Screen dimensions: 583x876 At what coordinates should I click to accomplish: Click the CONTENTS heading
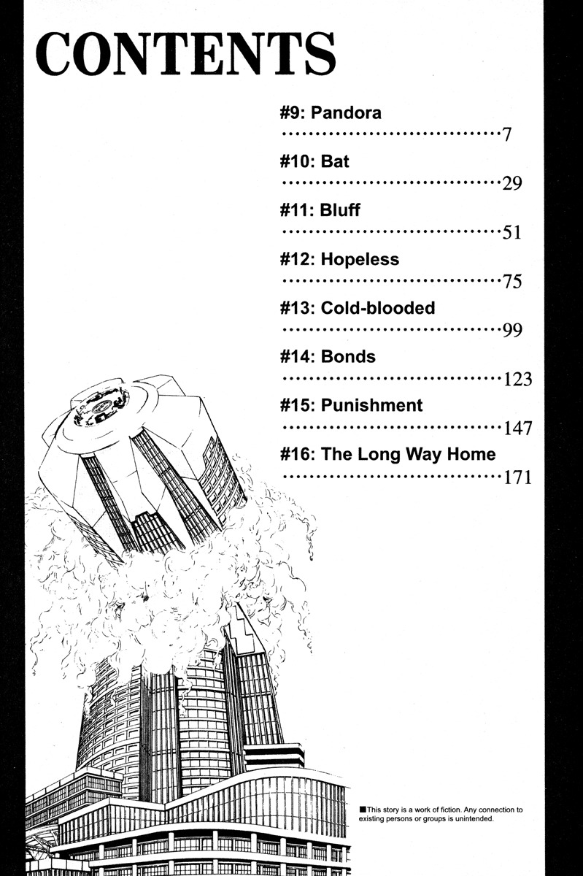click(x=186, y=53)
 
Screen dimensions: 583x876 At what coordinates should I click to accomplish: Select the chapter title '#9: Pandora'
click(x=331, y=112)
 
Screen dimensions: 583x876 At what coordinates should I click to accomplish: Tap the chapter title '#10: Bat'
click(x=314, y=161)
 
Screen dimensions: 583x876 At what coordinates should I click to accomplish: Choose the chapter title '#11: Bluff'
click(x=320, y=210)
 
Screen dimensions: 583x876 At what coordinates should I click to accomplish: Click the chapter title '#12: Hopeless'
click(x=339, y=259)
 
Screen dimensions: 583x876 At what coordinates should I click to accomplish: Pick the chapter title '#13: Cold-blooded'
click(x=358, y=308)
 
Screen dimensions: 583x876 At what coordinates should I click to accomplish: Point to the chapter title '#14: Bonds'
click(x=328, y=357)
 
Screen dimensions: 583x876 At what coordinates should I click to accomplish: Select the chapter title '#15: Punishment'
click(x=351, y=405)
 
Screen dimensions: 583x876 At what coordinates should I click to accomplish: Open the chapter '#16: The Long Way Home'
click(x=388, y=454)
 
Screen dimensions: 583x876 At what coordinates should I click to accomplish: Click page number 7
click(x=507, y=135)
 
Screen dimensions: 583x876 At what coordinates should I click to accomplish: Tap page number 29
click(x=512, y=183)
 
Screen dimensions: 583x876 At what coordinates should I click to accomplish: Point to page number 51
click(x=512, y=232)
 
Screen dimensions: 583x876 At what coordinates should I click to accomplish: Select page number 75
click(x=512, y=281)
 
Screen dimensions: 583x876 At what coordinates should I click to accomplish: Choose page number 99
click(x=512, y=330)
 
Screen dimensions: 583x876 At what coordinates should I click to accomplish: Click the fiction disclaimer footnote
click(x=441, y=814)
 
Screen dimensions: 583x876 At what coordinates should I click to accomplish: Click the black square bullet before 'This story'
click(x=363, y=810)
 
